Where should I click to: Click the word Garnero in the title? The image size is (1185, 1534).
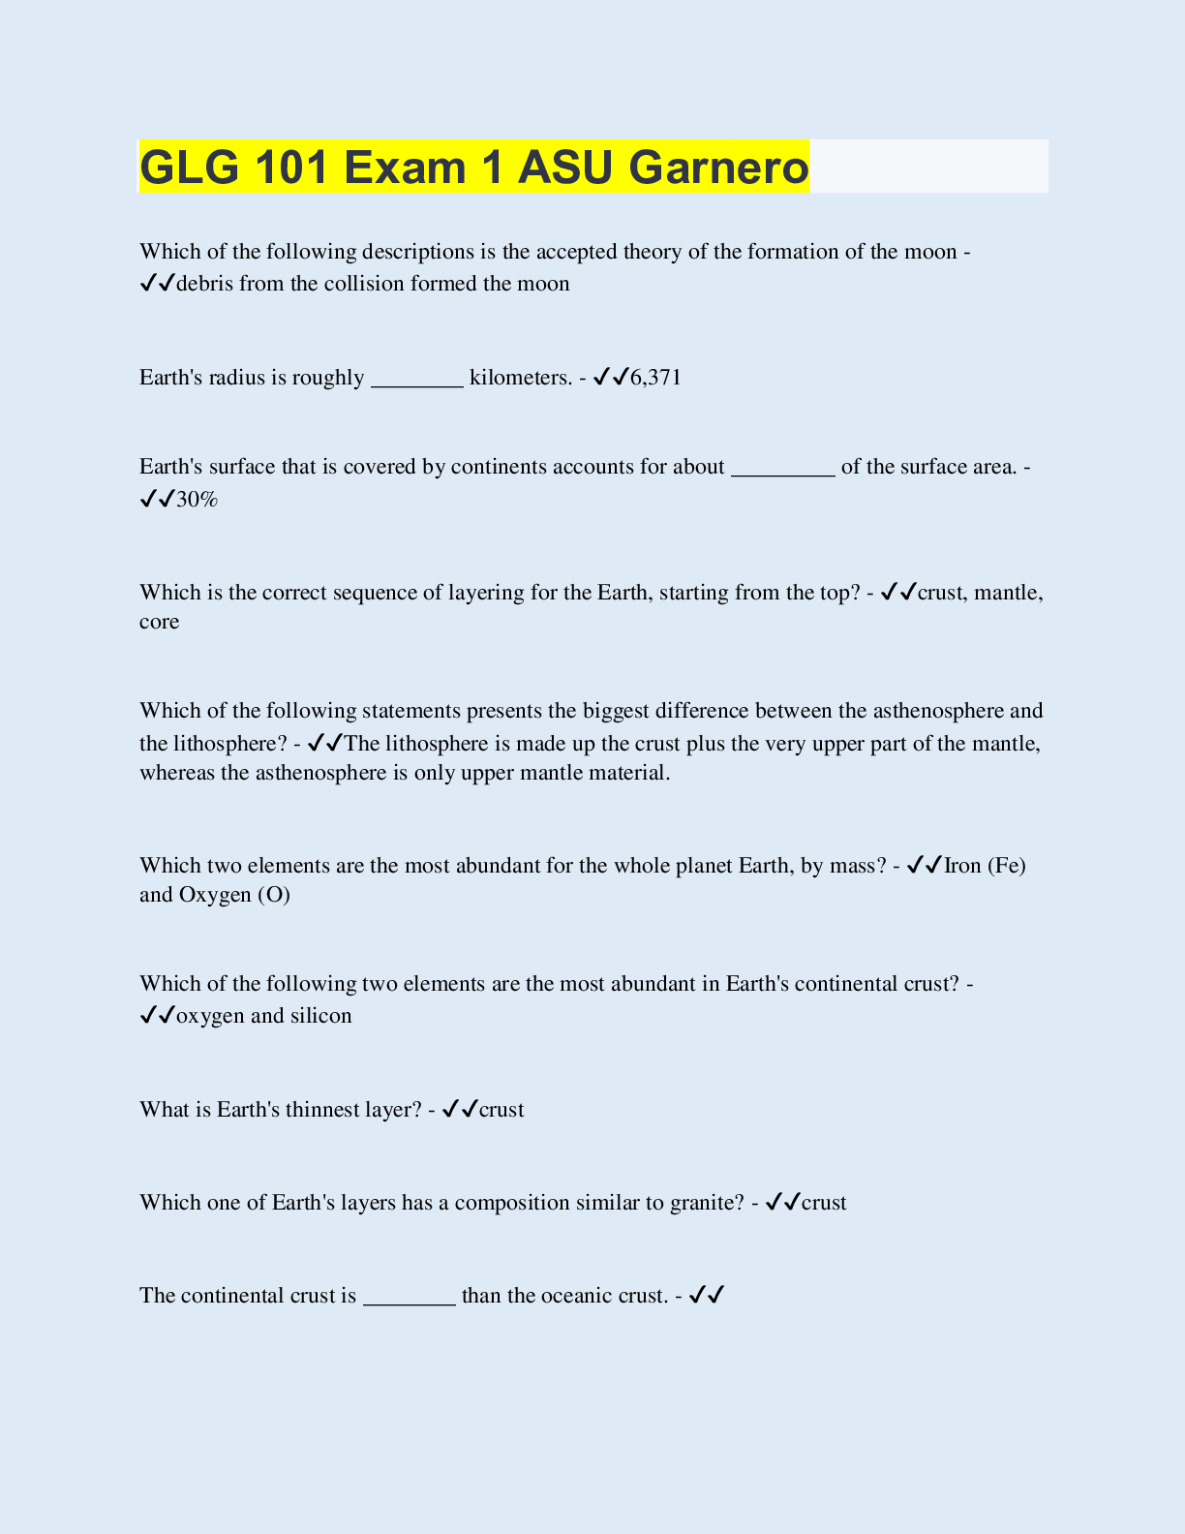pos(718,168)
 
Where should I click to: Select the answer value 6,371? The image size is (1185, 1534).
pos(655,378)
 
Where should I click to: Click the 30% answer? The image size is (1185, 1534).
pos(197,500)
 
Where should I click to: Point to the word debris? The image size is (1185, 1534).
pos(204,284)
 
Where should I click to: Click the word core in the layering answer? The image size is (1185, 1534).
pos(160,622)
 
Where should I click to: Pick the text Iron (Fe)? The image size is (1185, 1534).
pos(985,866)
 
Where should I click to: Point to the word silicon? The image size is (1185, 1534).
pos(320,1016)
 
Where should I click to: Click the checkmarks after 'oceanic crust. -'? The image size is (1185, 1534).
pos(708,1296)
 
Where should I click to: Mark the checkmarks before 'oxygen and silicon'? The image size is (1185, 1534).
pos(157,1016)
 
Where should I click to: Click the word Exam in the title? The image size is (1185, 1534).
pos(404,168)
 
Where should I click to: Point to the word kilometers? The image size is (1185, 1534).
pos(521,378)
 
